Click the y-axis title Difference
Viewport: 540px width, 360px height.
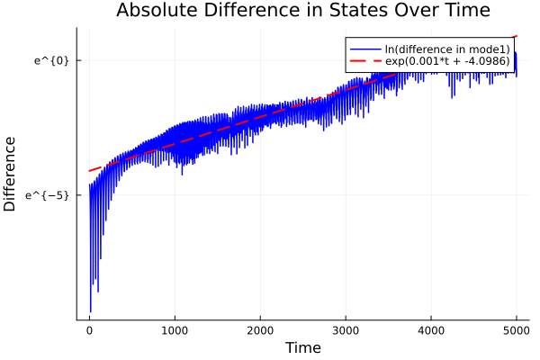pyautogui.click(x=11, y=174)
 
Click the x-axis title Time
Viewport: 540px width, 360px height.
pyautogui.click(x=302, y=347)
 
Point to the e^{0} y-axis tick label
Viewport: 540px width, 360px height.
pyautogui.click(x=51, y=60)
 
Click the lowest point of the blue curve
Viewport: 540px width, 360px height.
pyautogui.click(x=90, y=311)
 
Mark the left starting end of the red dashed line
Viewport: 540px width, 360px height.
pyautogui.click(x=89, y=171)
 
